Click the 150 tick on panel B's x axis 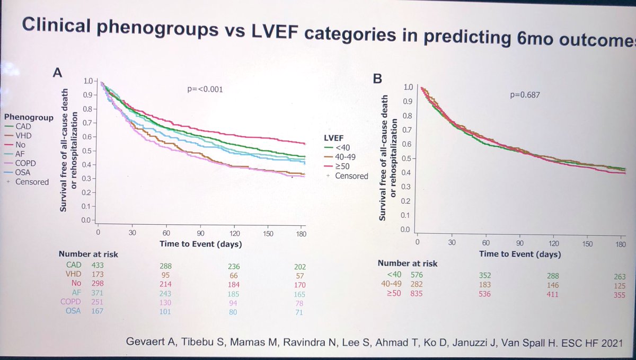(x=587, y=243)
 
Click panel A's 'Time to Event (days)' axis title (x=201, y=244)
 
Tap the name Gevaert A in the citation (x=143, y=339)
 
